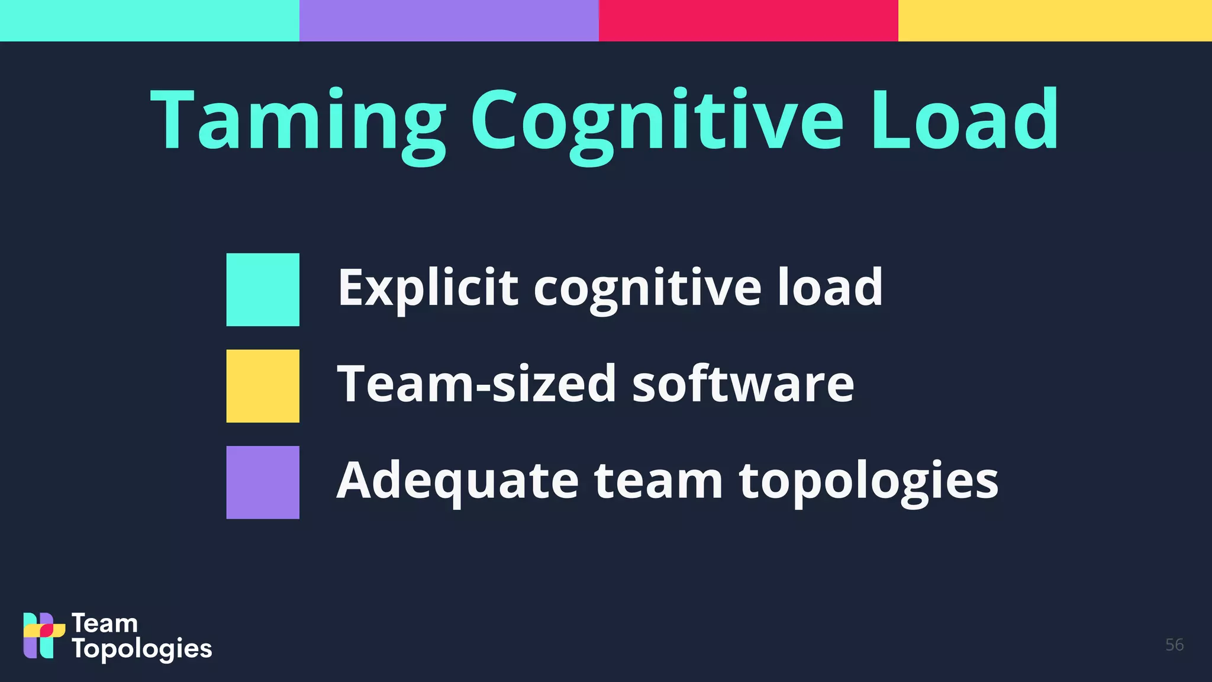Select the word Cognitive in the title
[x=657, y=121]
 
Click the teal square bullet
[x=263, y=289]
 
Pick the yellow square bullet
[x=263, y=386]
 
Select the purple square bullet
[x=263, y=482]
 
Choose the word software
[x=743, y=384]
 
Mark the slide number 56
[x=1174, y=645]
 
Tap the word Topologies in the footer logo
[x=142, y=649]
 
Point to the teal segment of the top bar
[x=150, y=21]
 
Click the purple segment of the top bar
[x=449, y=21]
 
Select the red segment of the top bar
[x=749, y=21]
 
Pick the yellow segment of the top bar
[x=1055, y=21]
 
